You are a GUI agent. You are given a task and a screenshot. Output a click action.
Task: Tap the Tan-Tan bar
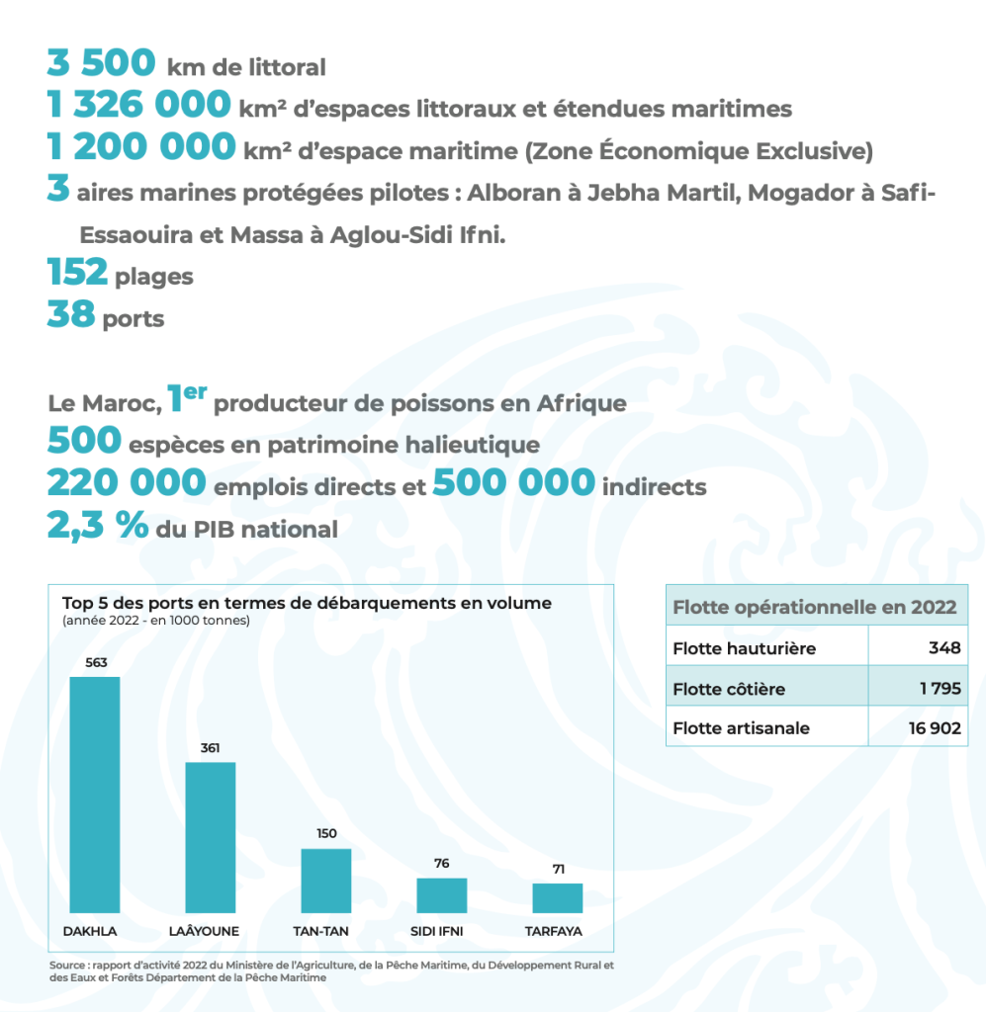click(326, 881)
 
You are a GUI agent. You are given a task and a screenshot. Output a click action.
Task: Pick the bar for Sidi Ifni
click(441, 895)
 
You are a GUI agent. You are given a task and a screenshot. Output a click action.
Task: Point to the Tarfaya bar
click(558, 897)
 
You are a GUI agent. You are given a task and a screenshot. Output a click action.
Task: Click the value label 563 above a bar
click(94, 663)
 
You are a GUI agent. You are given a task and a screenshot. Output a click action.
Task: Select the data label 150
click(326, 834)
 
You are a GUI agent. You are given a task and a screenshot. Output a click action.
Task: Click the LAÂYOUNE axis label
click(210, 932)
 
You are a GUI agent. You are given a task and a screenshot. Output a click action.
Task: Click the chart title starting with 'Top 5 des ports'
click(307, 603)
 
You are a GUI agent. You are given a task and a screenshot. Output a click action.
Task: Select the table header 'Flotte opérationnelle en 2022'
click(815, 607)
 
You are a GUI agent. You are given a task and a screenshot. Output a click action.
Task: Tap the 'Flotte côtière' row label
click(729, 689)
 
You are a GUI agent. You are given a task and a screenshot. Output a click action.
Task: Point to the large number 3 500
click(101, 63)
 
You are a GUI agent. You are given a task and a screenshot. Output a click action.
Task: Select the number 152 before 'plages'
click(77, 273)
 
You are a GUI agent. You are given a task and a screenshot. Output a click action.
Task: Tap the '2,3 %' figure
click(97, 526)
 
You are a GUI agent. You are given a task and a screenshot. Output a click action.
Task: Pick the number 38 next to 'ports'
click(70, 316)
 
